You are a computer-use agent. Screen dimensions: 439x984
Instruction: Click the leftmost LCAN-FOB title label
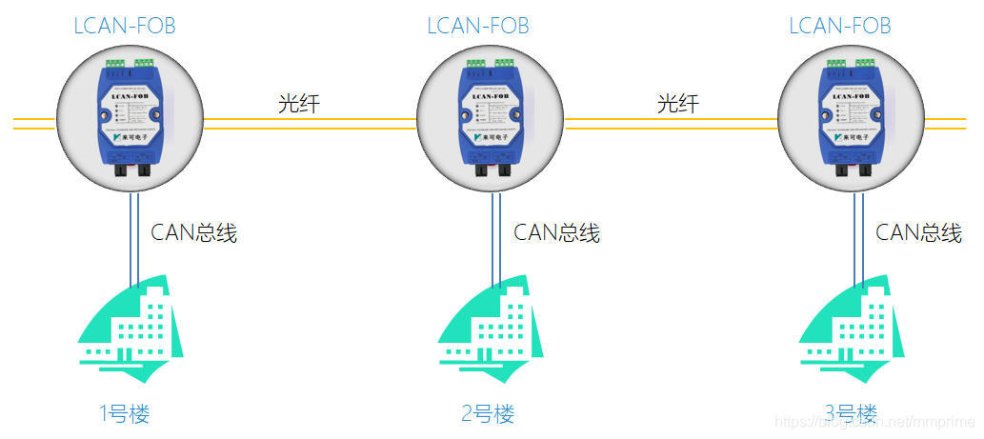(x=125, y=26)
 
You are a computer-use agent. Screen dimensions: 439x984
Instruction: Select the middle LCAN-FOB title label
(x=477, y=26)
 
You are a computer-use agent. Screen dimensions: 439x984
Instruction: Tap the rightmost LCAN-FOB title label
(x=839, y=26)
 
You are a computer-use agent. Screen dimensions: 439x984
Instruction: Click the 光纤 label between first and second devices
(x=298, y=104)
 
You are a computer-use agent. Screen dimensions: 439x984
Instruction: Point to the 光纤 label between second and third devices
(x=677, y=104)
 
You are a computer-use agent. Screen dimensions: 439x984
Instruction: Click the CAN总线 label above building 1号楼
(x=194, y=232)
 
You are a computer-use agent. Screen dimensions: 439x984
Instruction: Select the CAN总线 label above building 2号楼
(x=557, y=232)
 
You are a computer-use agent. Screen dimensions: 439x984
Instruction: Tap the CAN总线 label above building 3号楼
(x=919, y=232)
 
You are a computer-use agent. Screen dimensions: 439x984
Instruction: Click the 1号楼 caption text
(x=125, y=413)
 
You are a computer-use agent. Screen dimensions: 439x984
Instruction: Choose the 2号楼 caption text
(x=487, y=413)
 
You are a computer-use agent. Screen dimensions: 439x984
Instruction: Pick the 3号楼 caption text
(x=850, y=413)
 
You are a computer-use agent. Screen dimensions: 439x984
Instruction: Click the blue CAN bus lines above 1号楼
(x=134, y=238)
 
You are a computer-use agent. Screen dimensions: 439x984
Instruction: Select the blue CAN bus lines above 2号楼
(x=496, y=238)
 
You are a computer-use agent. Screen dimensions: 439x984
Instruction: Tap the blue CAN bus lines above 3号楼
(x=858, y=238)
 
